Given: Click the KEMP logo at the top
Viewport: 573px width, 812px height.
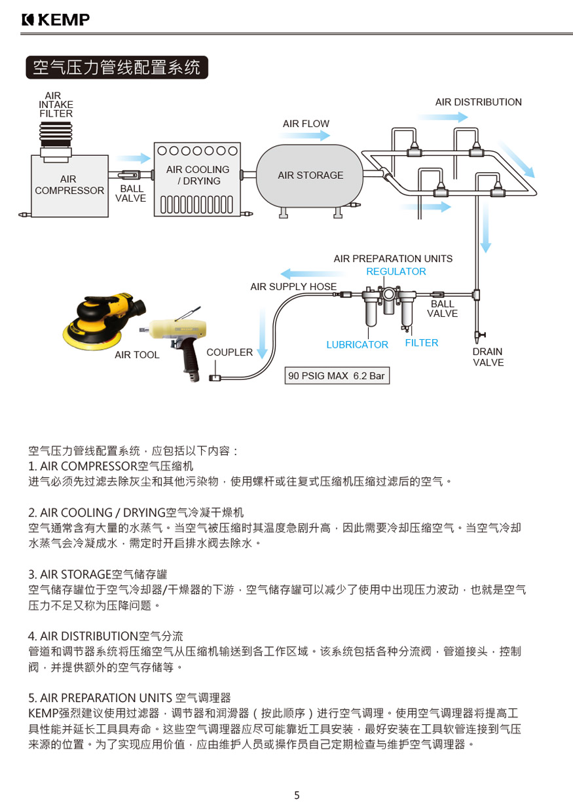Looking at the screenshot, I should (55, 20).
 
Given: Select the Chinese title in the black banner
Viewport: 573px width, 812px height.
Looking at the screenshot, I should (117, 67).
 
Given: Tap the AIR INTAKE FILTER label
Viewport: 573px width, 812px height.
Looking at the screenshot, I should (56, 105).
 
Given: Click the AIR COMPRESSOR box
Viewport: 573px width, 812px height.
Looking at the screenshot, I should (69, 185).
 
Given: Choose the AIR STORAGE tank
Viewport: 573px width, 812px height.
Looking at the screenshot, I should (310, 175).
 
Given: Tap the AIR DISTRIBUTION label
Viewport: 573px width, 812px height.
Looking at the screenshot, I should (478, 102).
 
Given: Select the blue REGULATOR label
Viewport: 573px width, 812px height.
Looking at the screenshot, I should (396, 271).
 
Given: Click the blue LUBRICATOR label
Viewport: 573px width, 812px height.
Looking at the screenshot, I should (357, 344).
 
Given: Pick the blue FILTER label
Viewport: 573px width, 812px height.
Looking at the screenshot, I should (421, 342).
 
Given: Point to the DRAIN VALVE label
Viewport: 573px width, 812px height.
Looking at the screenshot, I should (488, 357).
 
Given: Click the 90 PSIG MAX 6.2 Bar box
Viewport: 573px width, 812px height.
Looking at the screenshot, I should (337, 376).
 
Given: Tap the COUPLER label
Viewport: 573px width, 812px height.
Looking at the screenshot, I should (229, 352).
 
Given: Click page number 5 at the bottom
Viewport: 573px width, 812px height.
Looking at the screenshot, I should (297, 796).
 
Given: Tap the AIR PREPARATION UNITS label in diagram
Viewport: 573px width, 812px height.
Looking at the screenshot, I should (392, 259).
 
